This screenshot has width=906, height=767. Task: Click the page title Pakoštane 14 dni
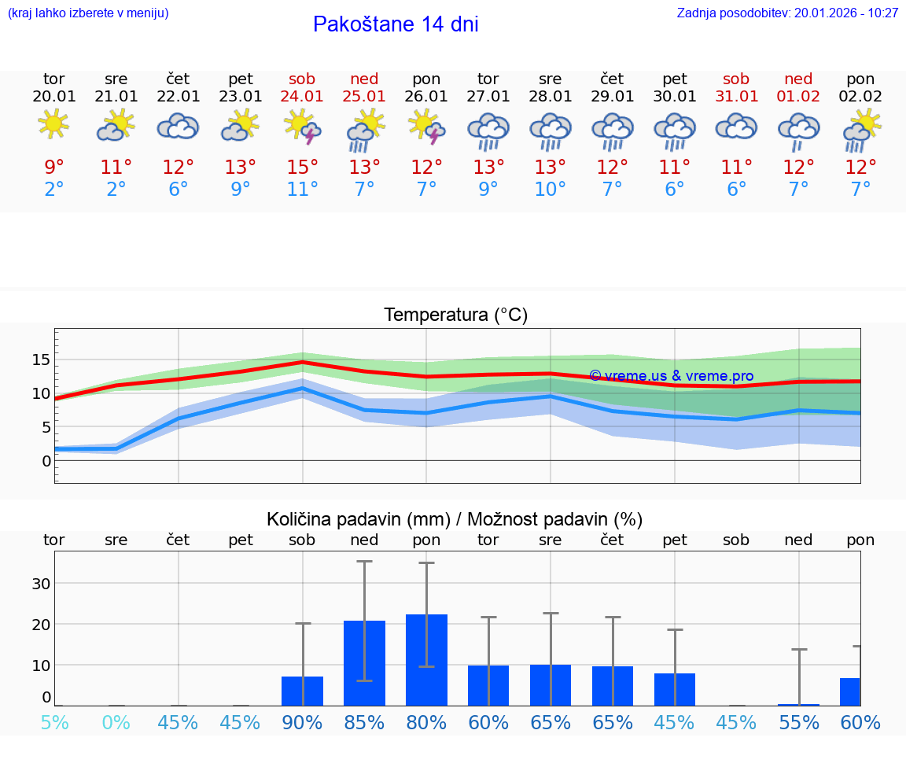click(396, 24)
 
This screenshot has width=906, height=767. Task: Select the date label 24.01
click(302, 97)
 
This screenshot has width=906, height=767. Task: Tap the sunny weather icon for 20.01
click(53, 124)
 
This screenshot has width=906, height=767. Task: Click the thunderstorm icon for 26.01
click(426, 127)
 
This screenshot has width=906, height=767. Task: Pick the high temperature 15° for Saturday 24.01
click(302, 168)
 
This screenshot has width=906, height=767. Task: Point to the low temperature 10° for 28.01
click(550, 190)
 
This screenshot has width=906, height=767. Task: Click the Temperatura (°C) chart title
click(455, 315)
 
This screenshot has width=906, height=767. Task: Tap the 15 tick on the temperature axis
click(41, 360)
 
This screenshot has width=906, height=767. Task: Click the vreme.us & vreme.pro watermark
click(671, 376)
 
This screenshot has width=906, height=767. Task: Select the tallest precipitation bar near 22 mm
click(426, 659)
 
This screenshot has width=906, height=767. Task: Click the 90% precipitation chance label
click(302, 722)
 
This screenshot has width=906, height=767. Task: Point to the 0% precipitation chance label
click(116, 722)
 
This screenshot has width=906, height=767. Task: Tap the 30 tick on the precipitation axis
click(41, 584)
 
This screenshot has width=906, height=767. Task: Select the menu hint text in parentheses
click(88, 13)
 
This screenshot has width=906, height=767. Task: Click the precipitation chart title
click(455, 519)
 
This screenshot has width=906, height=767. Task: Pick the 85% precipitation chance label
click(364, 722)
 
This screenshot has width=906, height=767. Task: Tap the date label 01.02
click(799, 97)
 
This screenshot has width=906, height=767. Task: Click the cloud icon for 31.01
click(736, 126)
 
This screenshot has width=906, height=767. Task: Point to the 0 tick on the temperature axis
click(46, 461)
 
